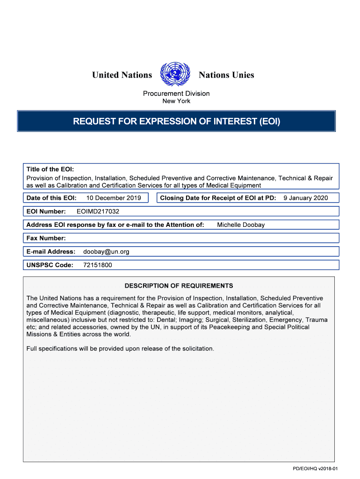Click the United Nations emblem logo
(175, 74)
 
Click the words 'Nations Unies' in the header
(226, 75)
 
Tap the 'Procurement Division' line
(176, 94)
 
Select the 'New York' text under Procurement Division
(176, 101)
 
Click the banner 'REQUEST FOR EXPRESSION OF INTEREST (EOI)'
(176, 122)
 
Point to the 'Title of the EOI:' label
(50, 169)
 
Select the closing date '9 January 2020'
(306, 198)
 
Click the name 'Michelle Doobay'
(241, 225)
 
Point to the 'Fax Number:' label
(46, 238)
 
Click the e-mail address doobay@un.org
(106, 252)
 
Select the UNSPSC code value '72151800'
(97, 265)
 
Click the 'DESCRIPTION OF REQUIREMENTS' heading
(179, 286)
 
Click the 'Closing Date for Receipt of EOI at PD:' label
(218, 198)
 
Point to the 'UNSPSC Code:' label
(50, 265)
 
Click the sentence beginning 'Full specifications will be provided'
(120, 348)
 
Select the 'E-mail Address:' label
(50, 252)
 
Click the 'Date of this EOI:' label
(51, 198)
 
